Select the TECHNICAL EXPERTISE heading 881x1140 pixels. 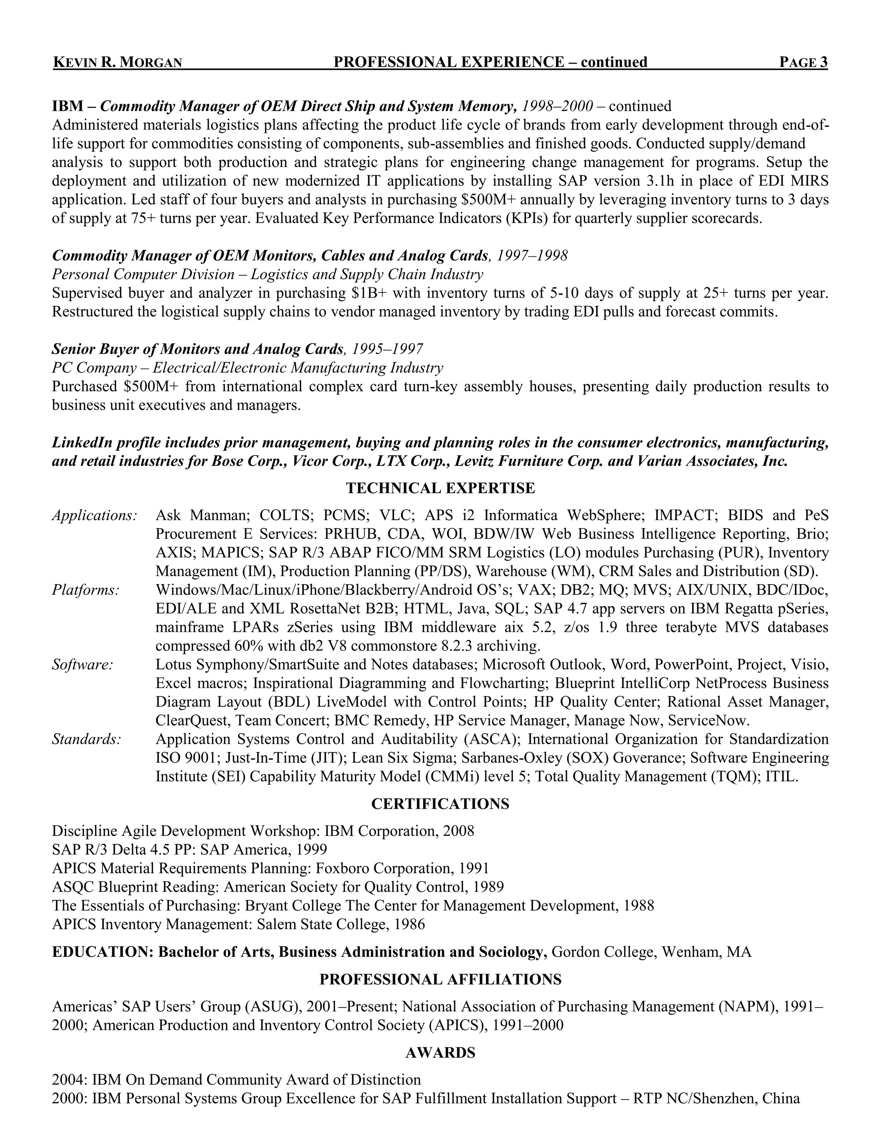tap(440, 488)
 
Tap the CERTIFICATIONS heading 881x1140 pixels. tap(440, 804)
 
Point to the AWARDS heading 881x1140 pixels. tap(440, 1053)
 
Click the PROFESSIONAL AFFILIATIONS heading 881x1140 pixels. tap(440, 979)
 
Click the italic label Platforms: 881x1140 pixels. tap(86, 590)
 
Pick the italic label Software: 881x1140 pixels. tap(83, 665)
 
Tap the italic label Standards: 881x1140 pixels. tap(86, 739)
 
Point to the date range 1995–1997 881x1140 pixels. tap(387, 349)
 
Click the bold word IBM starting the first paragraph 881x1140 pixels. tap(68, 107)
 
